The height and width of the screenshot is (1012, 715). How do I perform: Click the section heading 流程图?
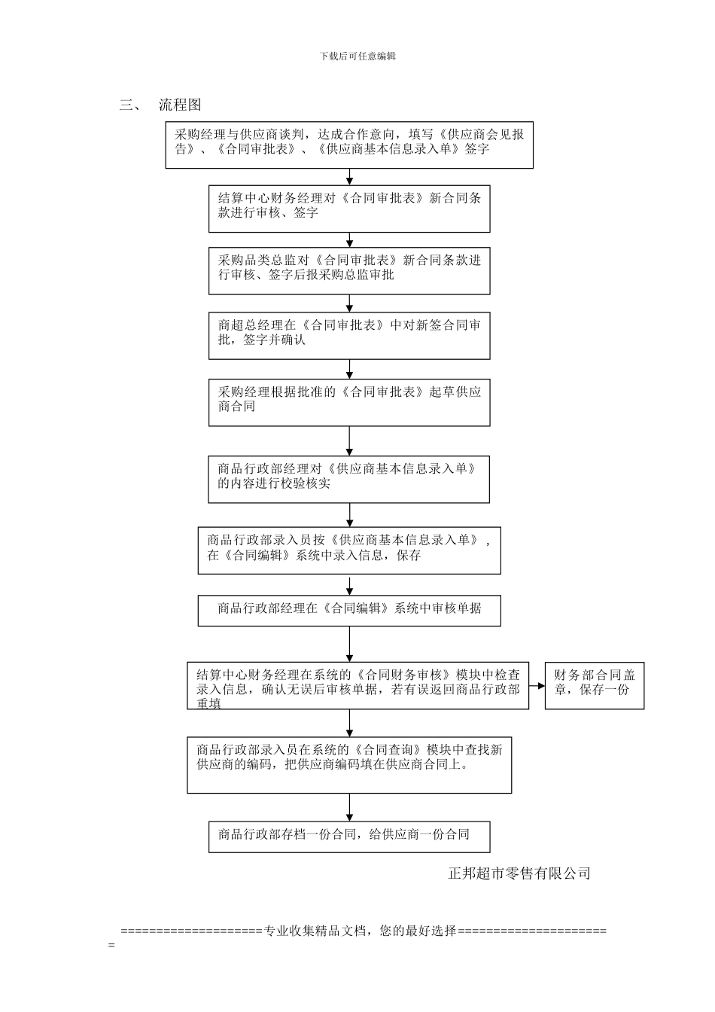click(180, 105)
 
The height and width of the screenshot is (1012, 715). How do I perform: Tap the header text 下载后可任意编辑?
click(357, 56)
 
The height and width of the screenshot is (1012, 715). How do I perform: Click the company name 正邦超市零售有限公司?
click(519, 873)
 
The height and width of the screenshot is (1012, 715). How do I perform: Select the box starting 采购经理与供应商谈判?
click(349, 144)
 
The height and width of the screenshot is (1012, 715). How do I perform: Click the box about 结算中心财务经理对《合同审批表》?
click(349, 209)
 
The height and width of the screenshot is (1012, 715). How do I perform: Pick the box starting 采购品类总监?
click(349, 270)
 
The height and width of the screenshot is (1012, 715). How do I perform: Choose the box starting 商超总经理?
click(349, 335)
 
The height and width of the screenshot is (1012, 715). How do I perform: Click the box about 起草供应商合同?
click(349, 402)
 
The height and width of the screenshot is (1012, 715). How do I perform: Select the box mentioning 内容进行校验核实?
click(348, 479)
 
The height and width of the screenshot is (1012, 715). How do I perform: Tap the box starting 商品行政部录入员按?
click(349, 550)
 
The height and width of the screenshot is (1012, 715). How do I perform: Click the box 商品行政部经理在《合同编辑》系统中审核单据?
click(349, 611)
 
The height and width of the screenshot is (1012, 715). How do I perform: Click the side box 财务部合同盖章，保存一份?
click(595, 686)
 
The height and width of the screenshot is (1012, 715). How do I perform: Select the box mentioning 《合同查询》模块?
click(349, 764)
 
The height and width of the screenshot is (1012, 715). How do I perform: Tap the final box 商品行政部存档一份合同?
click(349, 836)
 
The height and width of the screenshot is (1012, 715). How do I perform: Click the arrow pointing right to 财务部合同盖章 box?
click(536, 686)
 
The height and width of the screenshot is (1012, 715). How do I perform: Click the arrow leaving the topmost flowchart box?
click(349, 177)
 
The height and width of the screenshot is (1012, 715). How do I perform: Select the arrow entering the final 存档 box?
click(349, 807)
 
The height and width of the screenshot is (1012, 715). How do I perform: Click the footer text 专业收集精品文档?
click(361, 931)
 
